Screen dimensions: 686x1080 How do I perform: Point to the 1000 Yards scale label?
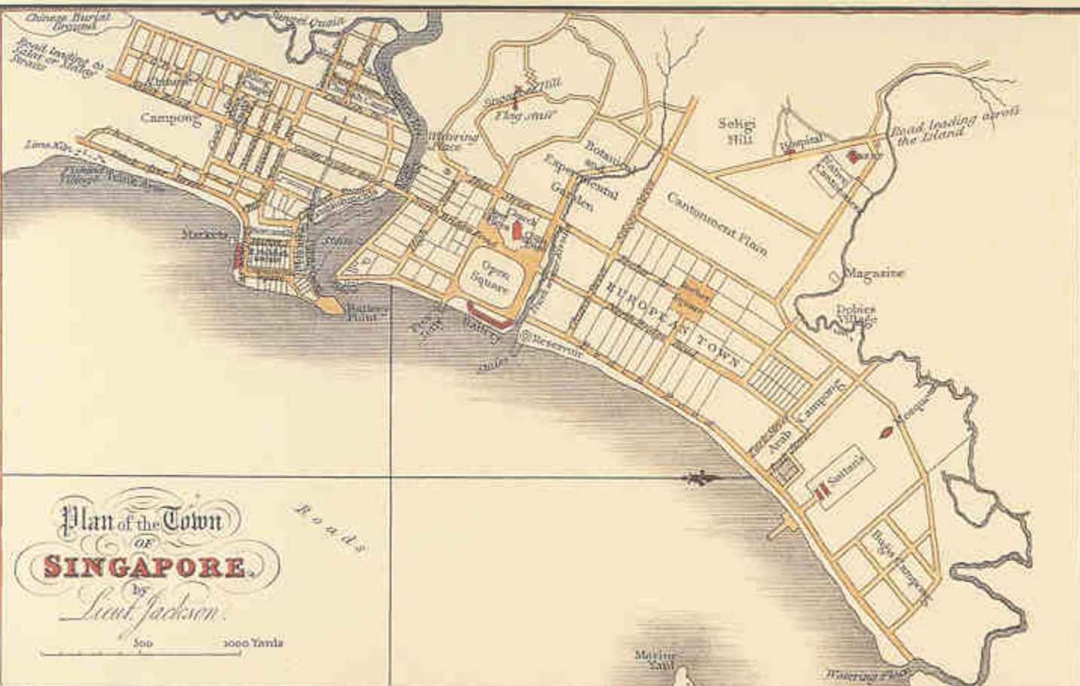(253, 643)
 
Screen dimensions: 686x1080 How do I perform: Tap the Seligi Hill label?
(736, 131)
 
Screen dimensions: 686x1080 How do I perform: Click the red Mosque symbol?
(888, 432)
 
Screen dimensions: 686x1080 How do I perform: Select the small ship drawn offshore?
(701, 478)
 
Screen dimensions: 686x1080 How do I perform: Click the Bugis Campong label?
(898, 565)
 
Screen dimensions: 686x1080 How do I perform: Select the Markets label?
(204, 234)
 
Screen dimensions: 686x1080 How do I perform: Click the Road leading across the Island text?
(953, 125)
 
